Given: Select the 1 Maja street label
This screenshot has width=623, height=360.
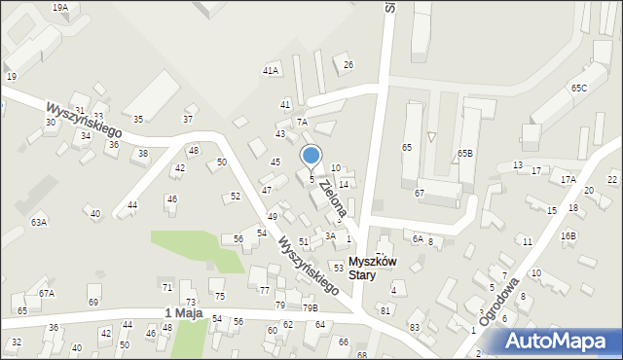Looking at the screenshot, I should pyautogui.click(x=183, y=312).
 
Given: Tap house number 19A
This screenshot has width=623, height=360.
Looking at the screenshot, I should pyautogui.click(x=60, y=7).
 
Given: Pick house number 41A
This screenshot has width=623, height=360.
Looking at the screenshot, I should pyautogui.click(x=271, y=70).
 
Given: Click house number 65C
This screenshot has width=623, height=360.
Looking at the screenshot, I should pyautogui.click(x=579, y=88).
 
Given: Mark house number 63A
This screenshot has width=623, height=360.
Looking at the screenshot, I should pyautogui.click(x=38, y=222).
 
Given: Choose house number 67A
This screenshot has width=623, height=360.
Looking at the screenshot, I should pyautogui.click(x=47, y=293).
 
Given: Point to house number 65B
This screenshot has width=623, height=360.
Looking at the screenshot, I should pyautogui.click(x=464, y=154).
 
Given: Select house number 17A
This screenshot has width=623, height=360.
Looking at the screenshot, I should pyautogui.click(x=568, y=179).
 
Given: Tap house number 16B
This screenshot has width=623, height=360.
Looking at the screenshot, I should pyautogui.click(x=568, y=235).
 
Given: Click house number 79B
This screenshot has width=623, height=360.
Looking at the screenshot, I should pyautogui.click(x=310, y=307).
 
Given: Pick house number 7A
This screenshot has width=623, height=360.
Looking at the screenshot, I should pyautogui.click(x=302, y=122).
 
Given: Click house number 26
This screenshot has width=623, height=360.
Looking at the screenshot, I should pyautogui.click(x=348, y=64).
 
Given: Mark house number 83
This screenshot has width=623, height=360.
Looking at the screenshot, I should pyautogui.click(x=414, y=327).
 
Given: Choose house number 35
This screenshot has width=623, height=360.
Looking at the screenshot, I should pyautogui.click(x=138, y=119).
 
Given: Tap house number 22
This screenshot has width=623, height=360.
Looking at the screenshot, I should pyautogui.click(x=611, y=179).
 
